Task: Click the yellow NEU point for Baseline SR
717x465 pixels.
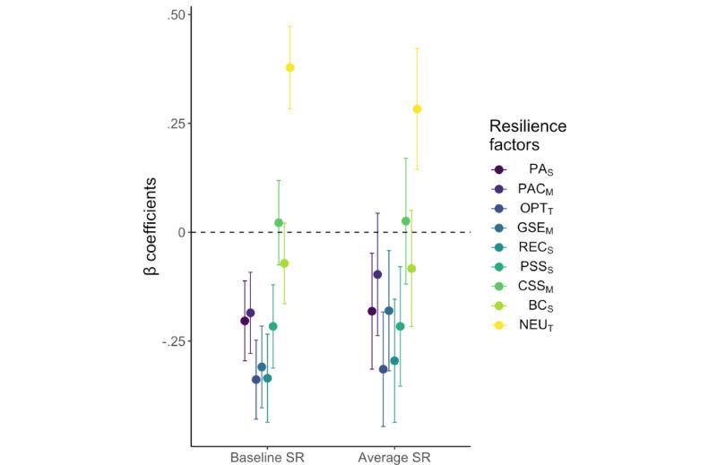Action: pos(289,67)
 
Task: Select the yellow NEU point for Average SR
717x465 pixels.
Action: pos(417,109)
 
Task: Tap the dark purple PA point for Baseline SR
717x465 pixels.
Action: pos(245,321)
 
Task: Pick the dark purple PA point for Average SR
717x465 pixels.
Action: pos(372,311)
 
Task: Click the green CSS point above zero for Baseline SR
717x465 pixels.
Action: pos(279,222)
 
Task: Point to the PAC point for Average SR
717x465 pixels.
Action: pos(377,274)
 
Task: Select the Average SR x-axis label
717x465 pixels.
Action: pos(394,457)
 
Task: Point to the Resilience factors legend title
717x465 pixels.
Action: pos(527,135)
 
